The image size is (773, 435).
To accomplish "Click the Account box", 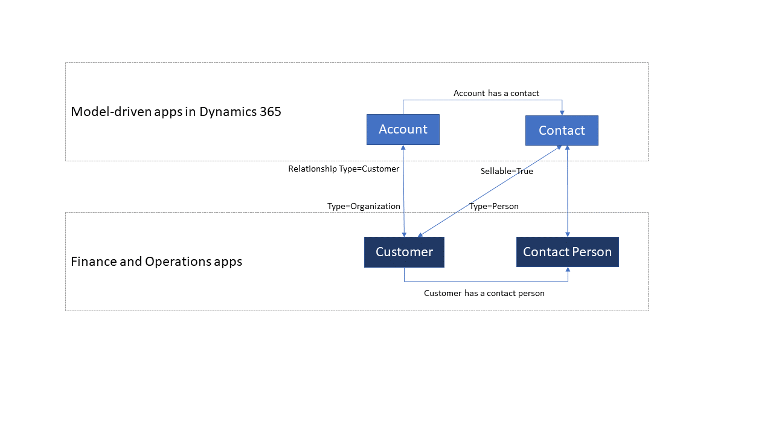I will click(403, 129).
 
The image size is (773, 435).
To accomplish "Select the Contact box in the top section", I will click(562, 130).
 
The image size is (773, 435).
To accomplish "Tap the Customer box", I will click(404, 252).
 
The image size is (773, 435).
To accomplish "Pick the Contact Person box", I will click(567, 252).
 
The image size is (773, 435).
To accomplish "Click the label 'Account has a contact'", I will click(496, 93).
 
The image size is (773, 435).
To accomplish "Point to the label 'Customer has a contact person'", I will click(484, 293).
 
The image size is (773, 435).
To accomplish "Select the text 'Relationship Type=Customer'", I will click(344, 169).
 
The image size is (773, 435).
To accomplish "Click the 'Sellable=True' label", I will click(506, 171).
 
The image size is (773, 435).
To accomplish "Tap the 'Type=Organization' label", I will click(364, 206).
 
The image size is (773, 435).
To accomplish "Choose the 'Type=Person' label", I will click(493, 206).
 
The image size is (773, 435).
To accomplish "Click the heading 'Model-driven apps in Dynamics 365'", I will click(176, 112).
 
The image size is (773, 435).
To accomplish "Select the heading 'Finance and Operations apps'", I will click(156, 262).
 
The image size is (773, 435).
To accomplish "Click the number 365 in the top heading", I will click(269, 112).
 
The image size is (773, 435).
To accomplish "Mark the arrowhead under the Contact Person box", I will click(568, 270).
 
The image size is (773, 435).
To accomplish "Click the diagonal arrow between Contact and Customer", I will click(489, 192).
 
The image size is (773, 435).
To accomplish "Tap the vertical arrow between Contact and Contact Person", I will click(567, 191).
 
